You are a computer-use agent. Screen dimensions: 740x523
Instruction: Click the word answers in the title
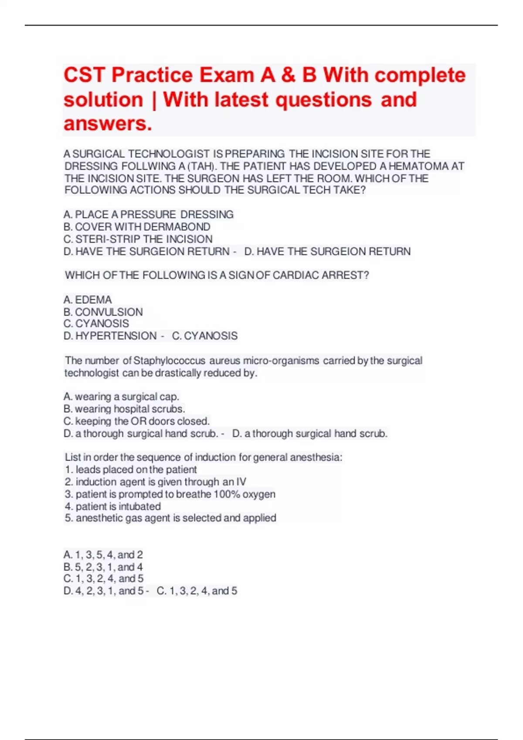[x=108, y=124]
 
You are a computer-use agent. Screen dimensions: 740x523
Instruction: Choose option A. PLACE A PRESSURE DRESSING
[x=149, y=215]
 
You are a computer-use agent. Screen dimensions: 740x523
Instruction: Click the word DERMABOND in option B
[x=177, y=227]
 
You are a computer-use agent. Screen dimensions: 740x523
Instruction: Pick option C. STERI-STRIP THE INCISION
[x=138, y=239]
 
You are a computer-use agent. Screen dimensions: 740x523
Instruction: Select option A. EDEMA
[x=88, y=299]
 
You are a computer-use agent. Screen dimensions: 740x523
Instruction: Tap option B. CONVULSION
[x=103, y=312]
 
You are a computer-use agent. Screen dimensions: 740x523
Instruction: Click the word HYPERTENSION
[x=116, y=336]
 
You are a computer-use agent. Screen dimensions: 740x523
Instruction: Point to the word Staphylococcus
[x=170, y=361]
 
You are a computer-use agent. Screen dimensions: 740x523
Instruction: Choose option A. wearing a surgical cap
[x=121, y=397]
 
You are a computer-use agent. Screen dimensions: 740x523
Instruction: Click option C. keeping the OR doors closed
[x=137, y=421]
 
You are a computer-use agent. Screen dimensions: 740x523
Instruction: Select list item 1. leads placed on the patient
[x=131, y=470]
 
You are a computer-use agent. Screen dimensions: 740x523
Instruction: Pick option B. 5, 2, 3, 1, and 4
[x=103, y=567]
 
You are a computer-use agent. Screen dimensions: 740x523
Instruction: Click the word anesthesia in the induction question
[x=315, y=457]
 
